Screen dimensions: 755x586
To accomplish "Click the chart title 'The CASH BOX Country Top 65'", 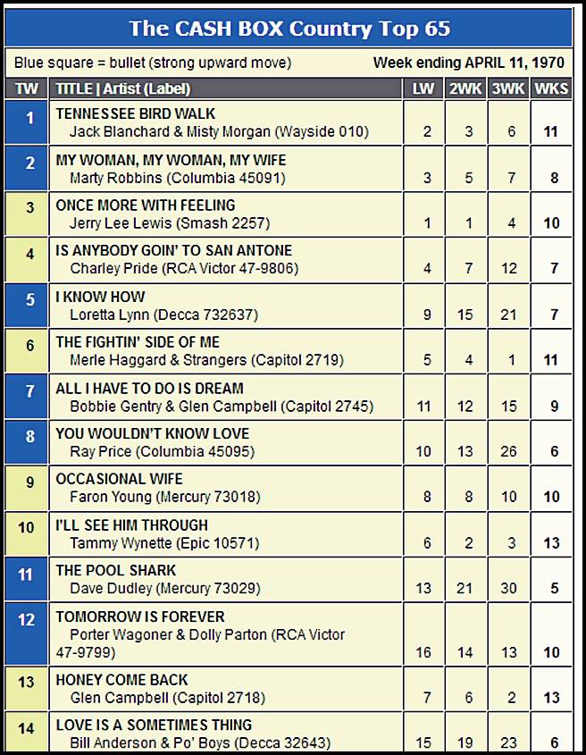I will click(x=289, y=28).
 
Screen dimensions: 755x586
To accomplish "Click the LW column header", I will click(x=424, y=88).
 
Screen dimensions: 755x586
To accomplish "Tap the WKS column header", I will click(x=552, y=88).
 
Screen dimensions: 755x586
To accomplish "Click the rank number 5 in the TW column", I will click(x=29, y=300).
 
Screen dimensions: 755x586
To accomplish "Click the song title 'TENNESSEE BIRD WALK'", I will click(x=136, y=113).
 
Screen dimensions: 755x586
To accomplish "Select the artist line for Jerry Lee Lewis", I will click(x=170, y=223).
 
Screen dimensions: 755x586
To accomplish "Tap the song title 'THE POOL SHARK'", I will click(x=116, y=570).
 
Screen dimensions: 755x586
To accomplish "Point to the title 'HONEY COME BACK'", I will click(x=122, y=680).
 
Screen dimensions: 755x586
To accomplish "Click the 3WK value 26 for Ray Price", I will click(x=511, y=452).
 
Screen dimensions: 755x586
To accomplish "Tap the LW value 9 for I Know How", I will click(x=427, y=315).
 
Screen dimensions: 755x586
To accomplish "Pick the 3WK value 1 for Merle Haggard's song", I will click(x=512, y=361).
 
